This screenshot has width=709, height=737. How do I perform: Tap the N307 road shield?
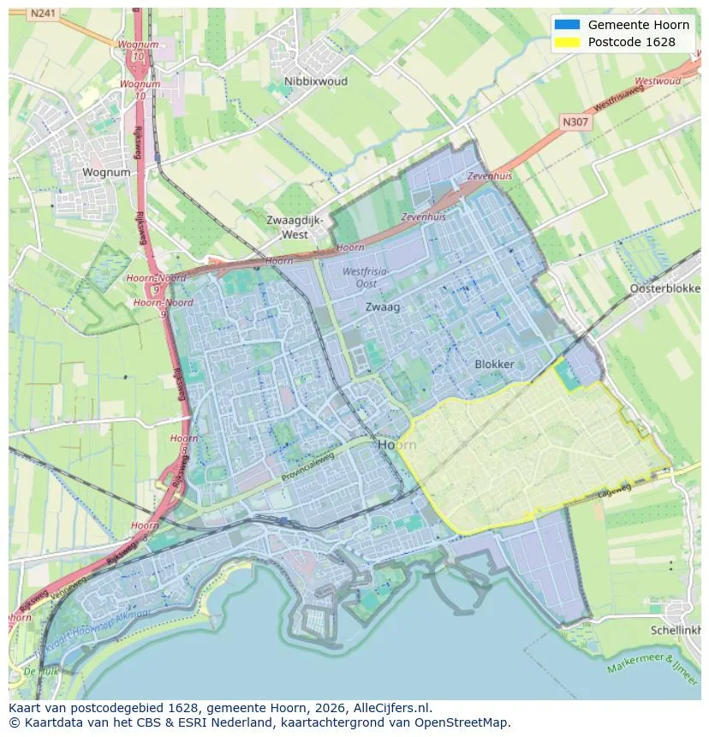point(575,122)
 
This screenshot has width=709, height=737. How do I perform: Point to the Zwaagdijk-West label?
point(295,227)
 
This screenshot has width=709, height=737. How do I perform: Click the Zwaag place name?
point(382,306)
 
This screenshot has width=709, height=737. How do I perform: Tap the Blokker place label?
point(494,364)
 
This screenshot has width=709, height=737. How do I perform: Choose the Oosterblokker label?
point(665,288)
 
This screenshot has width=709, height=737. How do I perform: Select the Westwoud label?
point(658,81)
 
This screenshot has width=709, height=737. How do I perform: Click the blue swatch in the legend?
point(567,25)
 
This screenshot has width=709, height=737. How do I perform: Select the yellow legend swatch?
point(567,42)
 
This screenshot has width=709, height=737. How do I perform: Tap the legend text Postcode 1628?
point(631,42)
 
